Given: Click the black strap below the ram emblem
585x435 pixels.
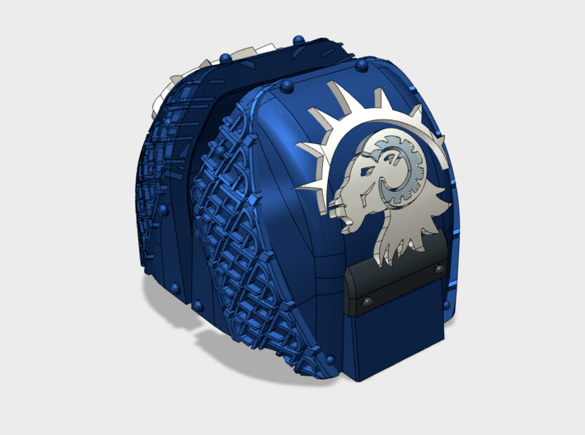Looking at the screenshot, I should (395, 288).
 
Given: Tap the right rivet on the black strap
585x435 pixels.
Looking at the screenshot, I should (438, 271).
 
